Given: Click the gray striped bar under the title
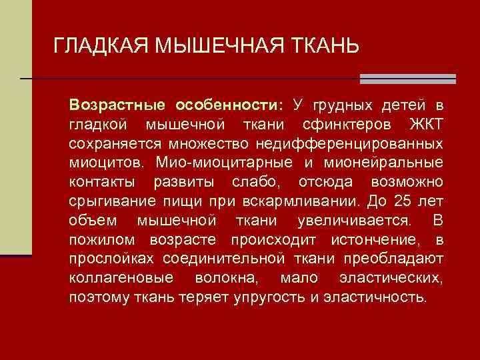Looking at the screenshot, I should click(x=407, y=79).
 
